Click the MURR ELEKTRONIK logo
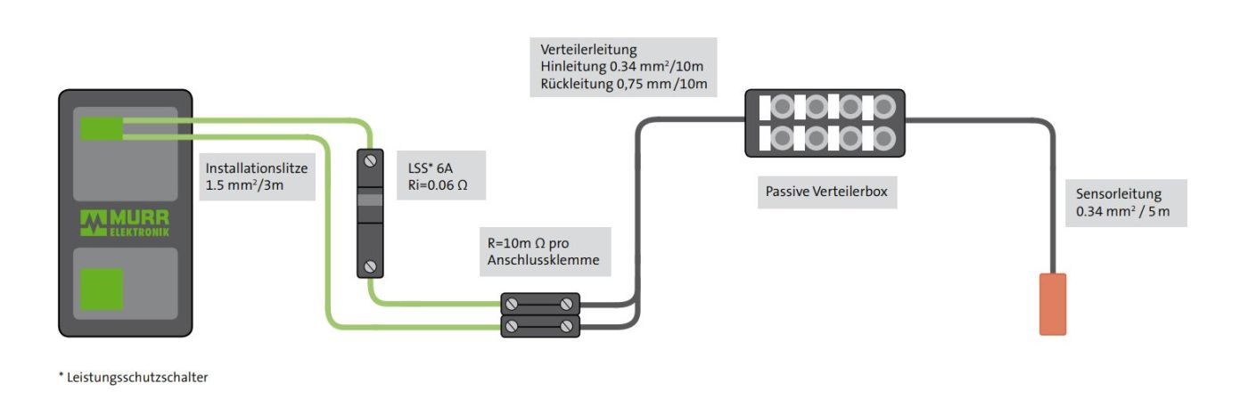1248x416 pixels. [125, 223]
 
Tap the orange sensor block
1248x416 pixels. [1053, 305]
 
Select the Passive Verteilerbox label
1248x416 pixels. [827, 192]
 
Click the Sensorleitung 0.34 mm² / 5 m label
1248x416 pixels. [1126, 202]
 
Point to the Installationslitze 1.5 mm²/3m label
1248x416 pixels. [256, 175]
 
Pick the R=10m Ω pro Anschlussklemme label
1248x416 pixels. [544, 252]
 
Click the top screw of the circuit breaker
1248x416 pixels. [370, 161]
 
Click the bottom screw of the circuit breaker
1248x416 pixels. [370, 265]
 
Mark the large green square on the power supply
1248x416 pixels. [102, 290]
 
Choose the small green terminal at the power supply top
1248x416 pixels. [102, 129]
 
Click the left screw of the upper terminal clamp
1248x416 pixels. [512, 305]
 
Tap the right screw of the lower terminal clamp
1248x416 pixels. [566, 327]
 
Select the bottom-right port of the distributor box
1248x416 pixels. [883, 139]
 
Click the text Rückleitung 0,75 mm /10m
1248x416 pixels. [623, 85]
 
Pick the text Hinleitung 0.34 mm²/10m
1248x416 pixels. [623, 67]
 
